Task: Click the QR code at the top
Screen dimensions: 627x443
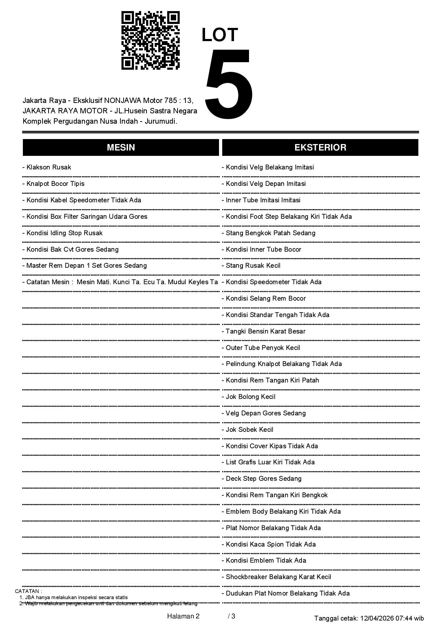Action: pos(150,40)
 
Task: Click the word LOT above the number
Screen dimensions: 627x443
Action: pos(220,35)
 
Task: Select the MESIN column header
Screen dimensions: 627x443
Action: pos(121,147)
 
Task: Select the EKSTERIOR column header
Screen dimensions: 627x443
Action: pos(320,147)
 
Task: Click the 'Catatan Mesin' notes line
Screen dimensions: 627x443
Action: pos(120,282)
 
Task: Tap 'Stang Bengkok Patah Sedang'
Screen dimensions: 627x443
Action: pos(270,233)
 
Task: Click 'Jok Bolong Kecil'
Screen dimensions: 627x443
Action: pos(250,397)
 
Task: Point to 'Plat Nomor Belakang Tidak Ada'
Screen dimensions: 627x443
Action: pos(273,528)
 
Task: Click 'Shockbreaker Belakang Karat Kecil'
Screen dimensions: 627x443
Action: pos(278,577)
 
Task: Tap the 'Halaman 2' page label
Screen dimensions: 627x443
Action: pos(183,616)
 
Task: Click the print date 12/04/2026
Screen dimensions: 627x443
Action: pos(377,618)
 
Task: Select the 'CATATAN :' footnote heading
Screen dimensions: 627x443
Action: pos(29,591)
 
